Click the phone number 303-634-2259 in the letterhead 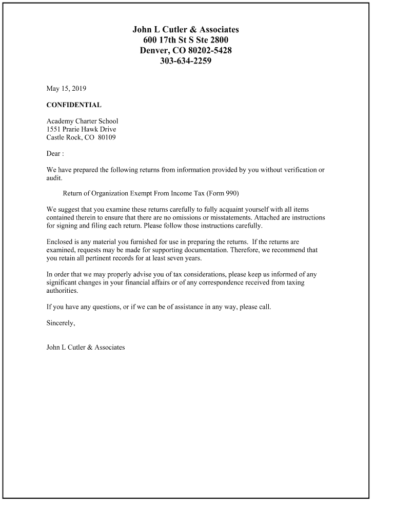pos(185,61)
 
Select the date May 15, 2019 pos(66,89)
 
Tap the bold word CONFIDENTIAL pos(74,105)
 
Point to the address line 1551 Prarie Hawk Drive pos(81,129)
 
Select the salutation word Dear pos(53,153)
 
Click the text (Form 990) pos(223,193)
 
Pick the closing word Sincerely pos(61,323)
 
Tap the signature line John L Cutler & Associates pos(86,347)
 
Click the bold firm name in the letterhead pos(185,29)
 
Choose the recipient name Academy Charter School pos(82,121)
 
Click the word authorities pos(62,291)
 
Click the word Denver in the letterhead pos(153,50)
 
